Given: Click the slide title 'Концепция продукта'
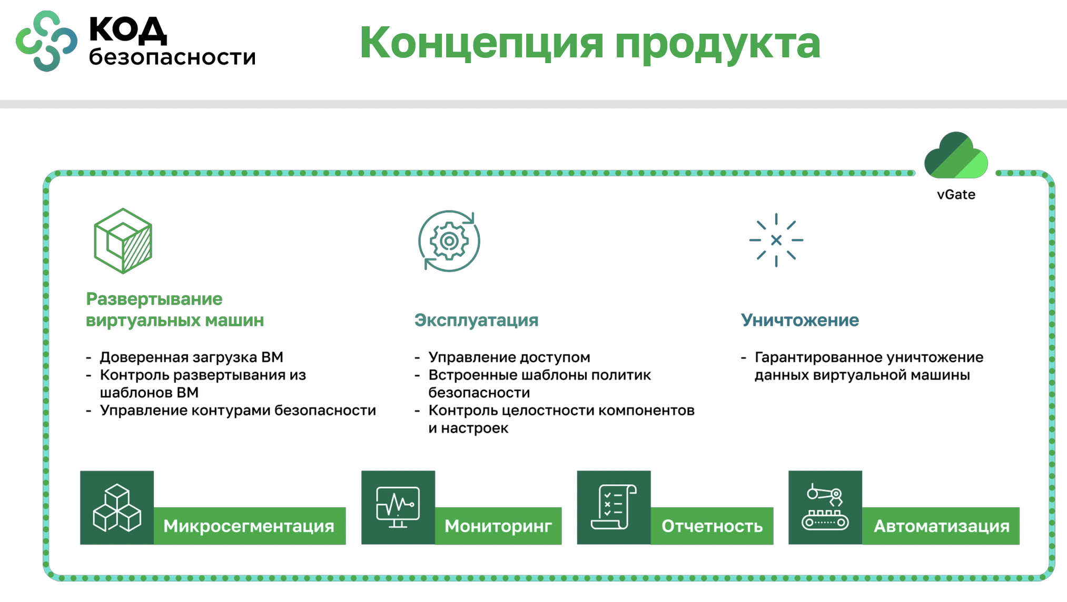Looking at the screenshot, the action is pos(590,43).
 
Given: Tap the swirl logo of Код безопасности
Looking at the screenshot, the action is pos(46,41).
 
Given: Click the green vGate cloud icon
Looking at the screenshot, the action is pos(956,155).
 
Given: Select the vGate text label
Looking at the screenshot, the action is pos(956,195).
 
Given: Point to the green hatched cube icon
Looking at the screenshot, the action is pos(123,241).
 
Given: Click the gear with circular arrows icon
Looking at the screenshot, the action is pos(449,241).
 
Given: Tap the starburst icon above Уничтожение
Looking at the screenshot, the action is pos(776,240).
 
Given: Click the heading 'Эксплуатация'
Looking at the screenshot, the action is pos(476,320).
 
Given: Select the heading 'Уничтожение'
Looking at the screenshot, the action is pos(799,320).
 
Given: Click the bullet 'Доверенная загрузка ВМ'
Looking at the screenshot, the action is pos(192,357).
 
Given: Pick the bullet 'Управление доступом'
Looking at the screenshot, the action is pos(509,357).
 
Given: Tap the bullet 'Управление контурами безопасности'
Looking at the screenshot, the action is pos(238,410).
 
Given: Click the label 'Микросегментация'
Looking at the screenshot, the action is pos(249,526).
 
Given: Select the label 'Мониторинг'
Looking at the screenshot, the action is pos(498,526).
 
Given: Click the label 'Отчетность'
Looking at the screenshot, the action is pos(712,526).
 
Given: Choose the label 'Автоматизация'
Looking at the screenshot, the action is pos(942,526).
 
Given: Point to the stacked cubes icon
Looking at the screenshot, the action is pos(117,508).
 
